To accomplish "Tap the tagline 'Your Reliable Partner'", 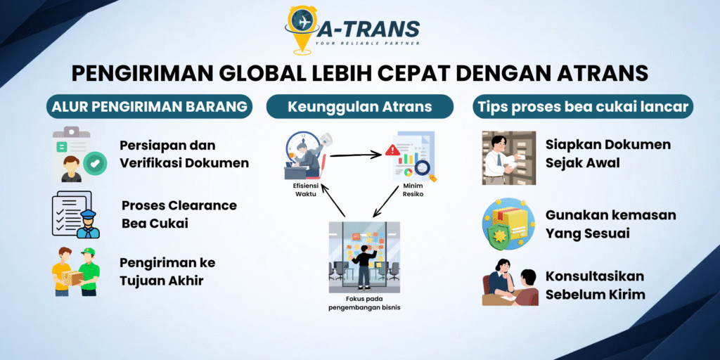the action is (x=367, y=44).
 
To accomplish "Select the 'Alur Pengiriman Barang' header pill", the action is (x=150, y=107).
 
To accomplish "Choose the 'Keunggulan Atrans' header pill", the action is (x=360, y=107).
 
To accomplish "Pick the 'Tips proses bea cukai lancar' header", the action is (x=583, y=107).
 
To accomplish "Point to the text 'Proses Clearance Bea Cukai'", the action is (x=179, y=214).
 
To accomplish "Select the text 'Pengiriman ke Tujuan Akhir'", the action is (x=167, y=271).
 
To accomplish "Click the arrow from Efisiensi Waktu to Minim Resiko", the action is (x=355, y=155).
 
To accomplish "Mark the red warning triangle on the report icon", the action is (x=392, y=150).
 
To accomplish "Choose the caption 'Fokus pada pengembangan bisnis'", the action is (x=364, y=303).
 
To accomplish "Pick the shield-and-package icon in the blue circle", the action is (x=509, y=224).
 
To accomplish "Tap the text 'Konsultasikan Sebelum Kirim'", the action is (x=595, y=285).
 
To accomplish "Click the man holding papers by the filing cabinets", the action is (x=500, y=157).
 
